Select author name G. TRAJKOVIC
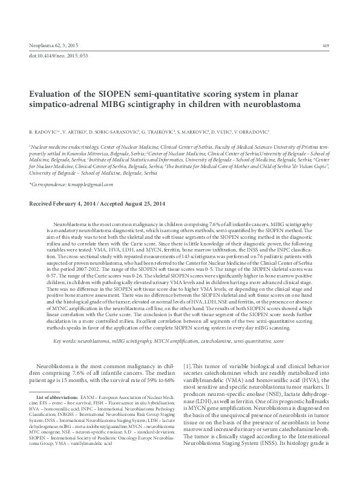pyautogui.click(x=159, y=131)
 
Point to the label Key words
pyautogui.click(x=59, y=342)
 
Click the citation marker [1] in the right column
pyautogui.click(x=187, y=367)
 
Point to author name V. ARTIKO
pyautogui.click(x=75, y=131)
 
